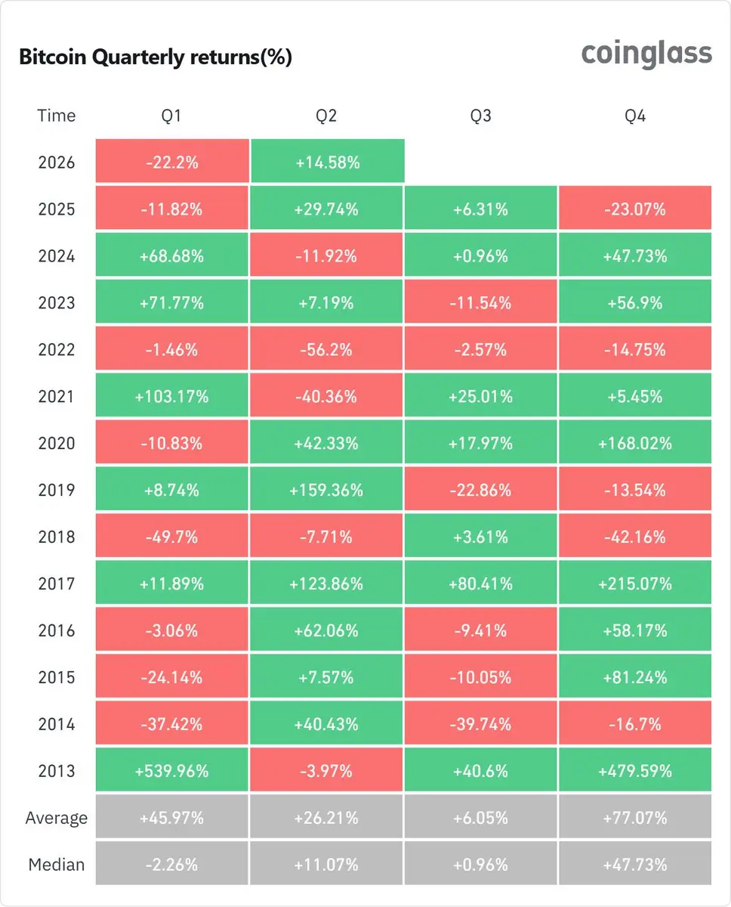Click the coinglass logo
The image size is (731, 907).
pos(646,54)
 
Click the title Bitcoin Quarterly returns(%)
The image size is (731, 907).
pos(156,57)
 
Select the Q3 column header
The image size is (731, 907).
pos(480,116)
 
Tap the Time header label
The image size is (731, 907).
pos(57,115)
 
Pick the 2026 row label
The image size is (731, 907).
pos(57,163)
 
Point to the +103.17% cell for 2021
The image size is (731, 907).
pos(172,395)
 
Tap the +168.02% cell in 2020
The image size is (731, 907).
pos(635,442)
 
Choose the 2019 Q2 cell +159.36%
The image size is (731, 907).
pos(326,489)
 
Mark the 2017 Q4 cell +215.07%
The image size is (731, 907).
pos(635,583)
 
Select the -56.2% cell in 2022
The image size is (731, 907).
pos(326,348)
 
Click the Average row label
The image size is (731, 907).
pos(57,818)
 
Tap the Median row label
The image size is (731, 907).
pos(57,865)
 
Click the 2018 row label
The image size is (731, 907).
pos(57,537)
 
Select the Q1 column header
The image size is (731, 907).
pos(171,116)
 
